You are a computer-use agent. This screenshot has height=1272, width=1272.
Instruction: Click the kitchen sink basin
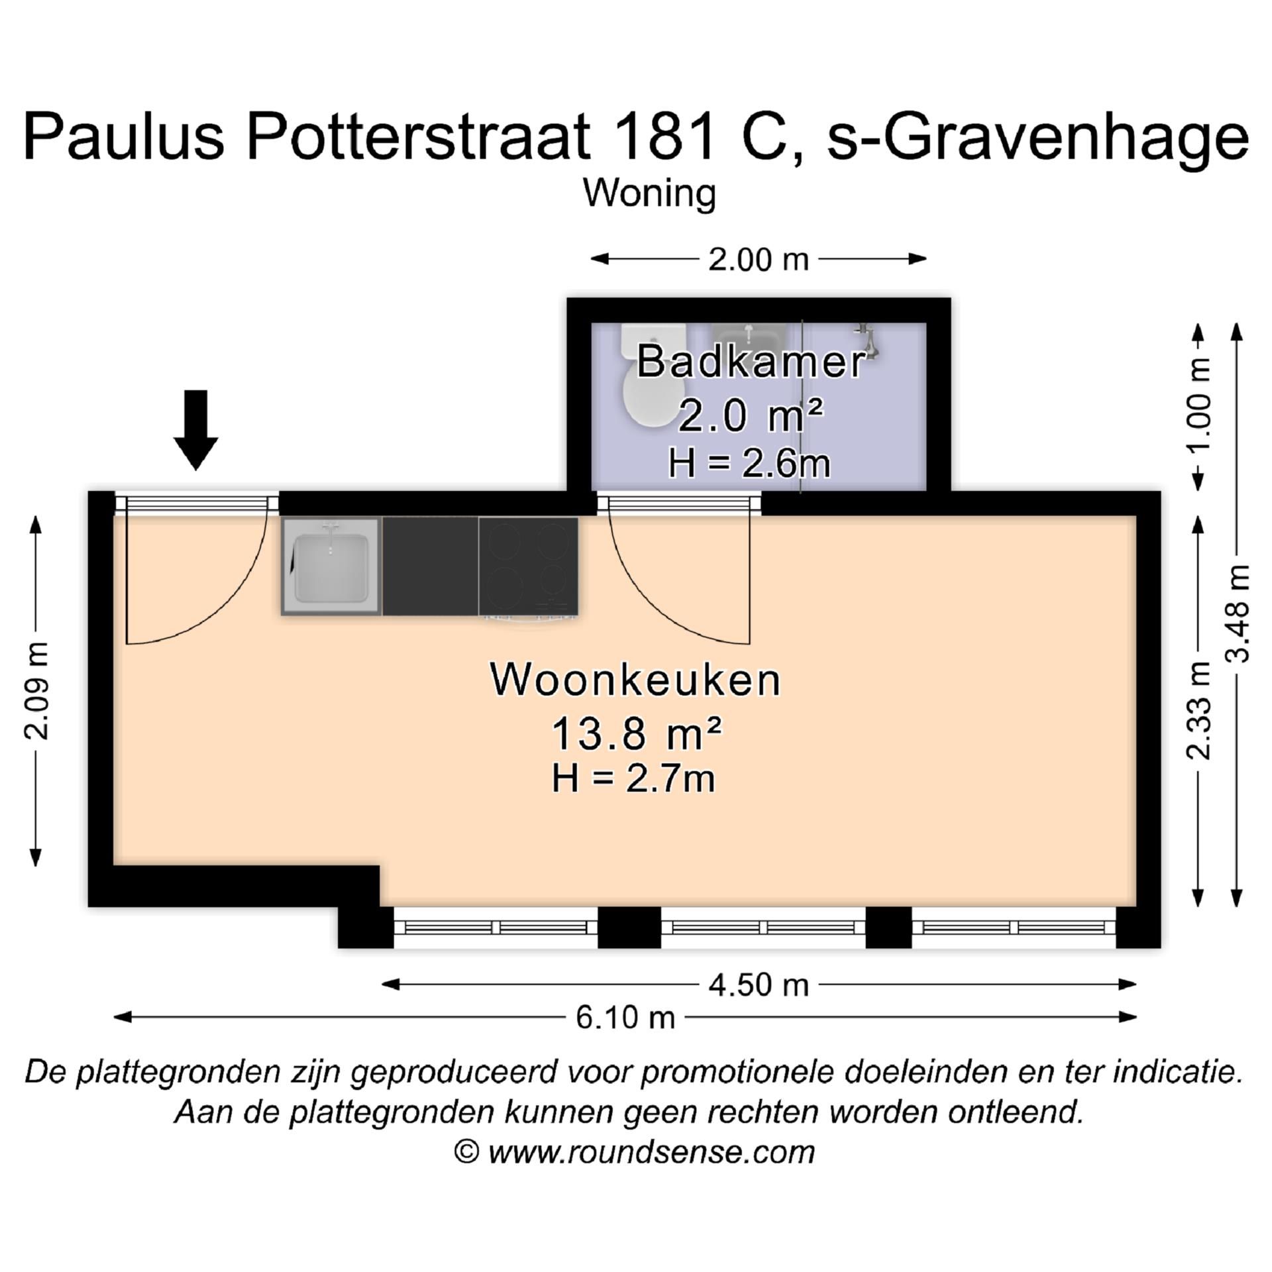pyautogui.click(x=331, y=567)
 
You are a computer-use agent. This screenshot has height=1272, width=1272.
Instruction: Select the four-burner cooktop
pyautogui.click(x=528, y=566)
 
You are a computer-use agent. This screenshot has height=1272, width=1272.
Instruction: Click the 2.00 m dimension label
pyautogui.click(x=758, y=259)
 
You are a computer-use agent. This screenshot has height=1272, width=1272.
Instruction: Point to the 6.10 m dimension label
pyautogui.click(x=625, y=1017)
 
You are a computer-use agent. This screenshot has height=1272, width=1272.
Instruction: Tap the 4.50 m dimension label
pyautogui.click(x=758, y=985)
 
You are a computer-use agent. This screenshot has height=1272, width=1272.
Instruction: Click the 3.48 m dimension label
pyautogui.click(x=1236, y=613)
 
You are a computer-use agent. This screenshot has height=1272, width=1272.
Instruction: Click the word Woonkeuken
pyautogui.click(x=635, y=680)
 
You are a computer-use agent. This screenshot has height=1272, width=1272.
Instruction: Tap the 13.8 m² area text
pyautogui.click(x=635, y=733)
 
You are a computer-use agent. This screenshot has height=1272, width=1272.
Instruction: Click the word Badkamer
pyautogui.click(x=751, y=362)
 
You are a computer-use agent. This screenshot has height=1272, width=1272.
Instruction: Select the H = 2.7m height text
pyautogui.click(x=633, y=778)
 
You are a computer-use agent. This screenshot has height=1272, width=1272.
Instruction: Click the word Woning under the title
pyautogui.click(x=649, y=193)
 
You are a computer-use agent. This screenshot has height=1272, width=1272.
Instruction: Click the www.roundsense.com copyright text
pyautogui.click(x=651, y=1151)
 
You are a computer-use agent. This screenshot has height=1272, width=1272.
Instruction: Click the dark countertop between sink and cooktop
pyautogui.click(x=430, y=566)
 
